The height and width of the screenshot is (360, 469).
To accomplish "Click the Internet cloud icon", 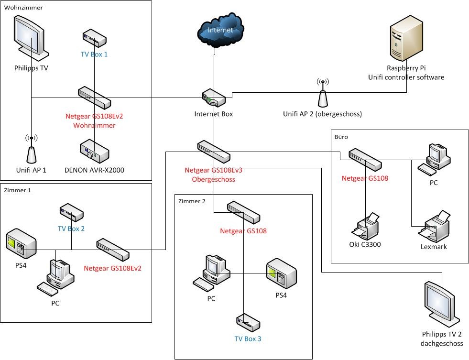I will pos(220,30).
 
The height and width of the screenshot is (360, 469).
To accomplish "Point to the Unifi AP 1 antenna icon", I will pos(31,149).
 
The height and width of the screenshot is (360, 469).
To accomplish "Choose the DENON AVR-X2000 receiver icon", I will pos(94,151).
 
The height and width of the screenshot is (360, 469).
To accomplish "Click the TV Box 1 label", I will pos(94,54).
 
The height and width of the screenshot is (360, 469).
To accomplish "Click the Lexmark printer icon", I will pos(434,226).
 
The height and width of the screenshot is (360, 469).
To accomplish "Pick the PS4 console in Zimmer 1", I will pos(21,244).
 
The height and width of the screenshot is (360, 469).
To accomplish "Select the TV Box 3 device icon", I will pos(248,323).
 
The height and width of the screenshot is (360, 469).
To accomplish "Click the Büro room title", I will pos(341,137).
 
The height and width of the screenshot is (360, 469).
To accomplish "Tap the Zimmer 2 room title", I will pos(191,201).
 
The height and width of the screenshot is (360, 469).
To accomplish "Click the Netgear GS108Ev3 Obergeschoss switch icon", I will pos(214,151).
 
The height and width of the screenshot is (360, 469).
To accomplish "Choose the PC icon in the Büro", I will pos(434,158).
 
